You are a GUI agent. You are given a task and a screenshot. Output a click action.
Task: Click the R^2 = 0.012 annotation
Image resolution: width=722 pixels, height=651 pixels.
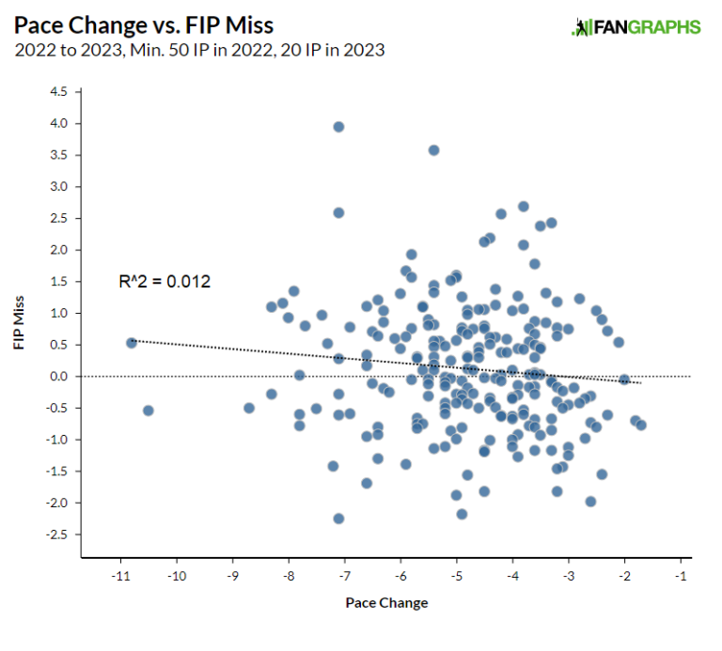pyautogui.click(x=165, y=281)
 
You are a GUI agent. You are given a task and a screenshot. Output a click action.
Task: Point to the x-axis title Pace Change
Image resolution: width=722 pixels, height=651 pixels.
pyautogui.click(x=386, y=602)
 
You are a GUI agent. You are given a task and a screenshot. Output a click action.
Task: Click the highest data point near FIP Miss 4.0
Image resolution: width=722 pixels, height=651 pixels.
pyautogui.click(x=338, y=127)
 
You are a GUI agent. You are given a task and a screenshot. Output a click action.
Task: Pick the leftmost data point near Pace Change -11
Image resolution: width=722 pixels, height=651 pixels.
pyautogui.click(x=132, y=343)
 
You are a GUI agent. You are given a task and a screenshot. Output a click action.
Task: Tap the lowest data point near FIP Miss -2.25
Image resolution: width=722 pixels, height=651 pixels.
pyautogui.click(x=338, y=519)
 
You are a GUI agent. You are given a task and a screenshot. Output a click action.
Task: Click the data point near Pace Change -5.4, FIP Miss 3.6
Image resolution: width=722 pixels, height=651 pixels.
pyautogui.click(x=433, y=150)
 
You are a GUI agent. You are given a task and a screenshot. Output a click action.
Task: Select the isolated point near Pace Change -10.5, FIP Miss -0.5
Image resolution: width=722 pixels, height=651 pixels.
pyautogui.click(x=148, y=411)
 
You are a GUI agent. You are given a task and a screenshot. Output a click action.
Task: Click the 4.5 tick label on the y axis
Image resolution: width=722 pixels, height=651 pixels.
pyautogui.click(x=59, y=92)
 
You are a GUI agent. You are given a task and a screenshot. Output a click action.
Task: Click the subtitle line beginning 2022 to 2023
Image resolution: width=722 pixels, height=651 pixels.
pyautogui.click(x=199, y=50)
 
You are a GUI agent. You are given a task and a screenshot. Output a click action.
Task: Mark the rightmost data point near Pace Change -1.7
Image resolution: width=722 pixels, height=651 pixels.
pyautogui.click(x=641, y=425)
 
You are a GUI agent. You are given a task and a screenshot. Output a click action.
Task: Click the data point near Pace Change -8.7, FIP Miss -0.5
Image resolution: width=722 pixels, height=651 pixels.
pyautogui.click(x=249, y=408)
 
